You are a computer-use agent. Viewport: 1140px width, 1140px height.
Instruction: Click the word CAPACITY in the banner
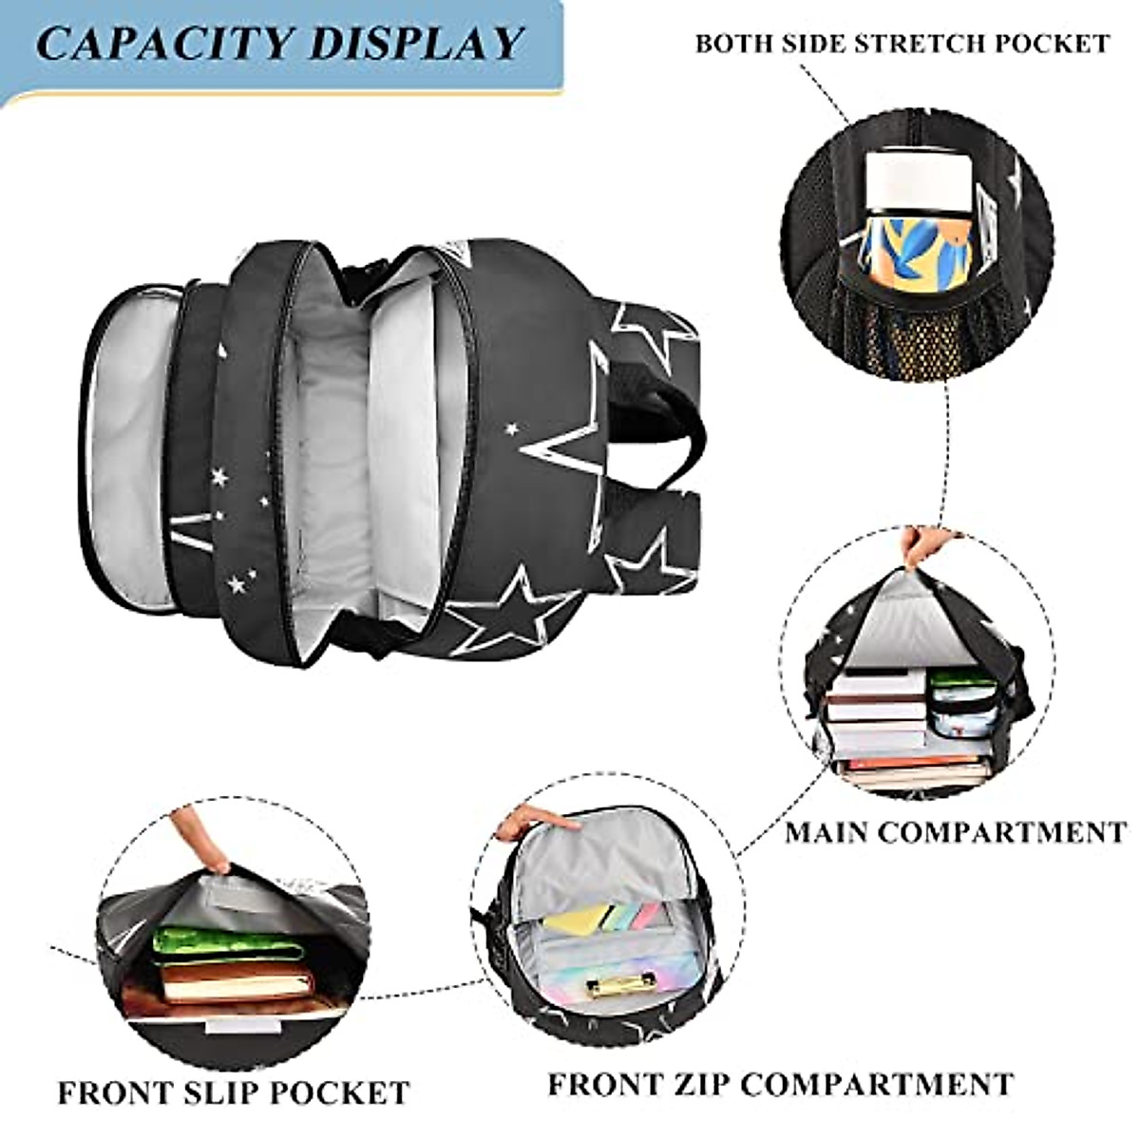coord(157,43)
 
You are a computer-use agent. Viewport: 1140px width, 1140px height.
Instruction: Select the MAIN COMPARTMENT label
coord(955,832)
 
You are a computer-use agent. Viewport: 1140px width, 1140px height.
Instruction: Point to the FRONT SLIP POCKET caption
coord(233,1092)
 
